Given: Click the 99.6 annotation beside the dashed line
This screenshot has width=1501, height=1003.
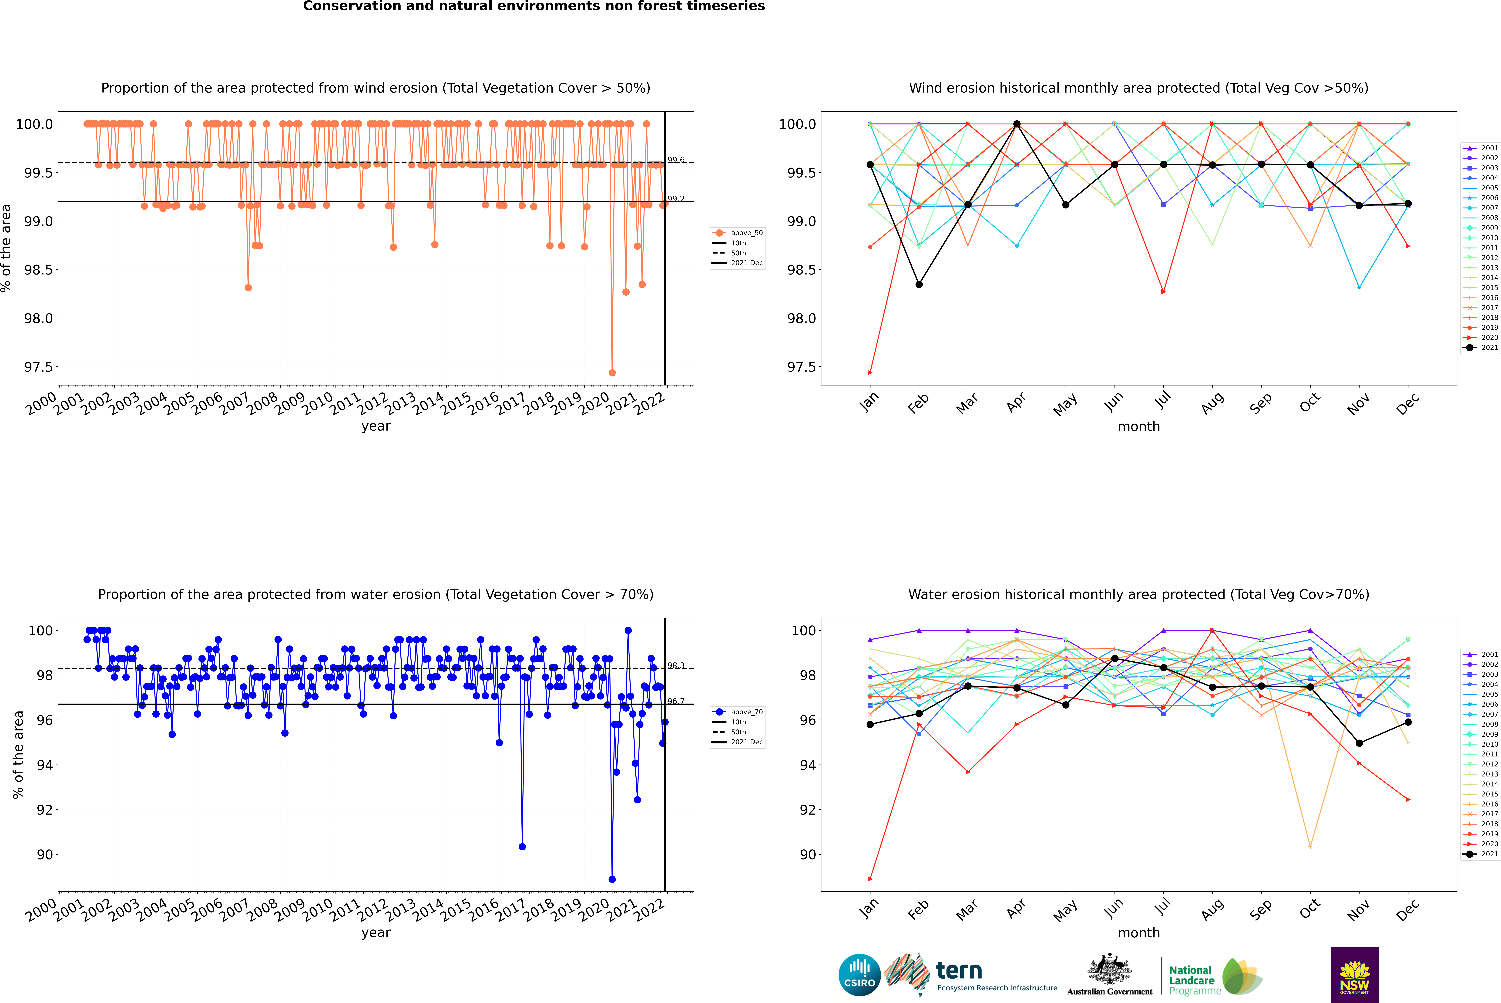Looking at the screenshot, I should [x=676, y=160].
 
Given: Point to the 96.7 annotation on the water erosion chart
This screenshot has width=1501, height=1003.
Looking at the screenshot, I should [x=676, y=701].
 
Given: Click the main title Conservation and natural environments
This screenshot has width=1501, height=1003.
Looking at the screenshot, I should [x=534, y=6].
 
